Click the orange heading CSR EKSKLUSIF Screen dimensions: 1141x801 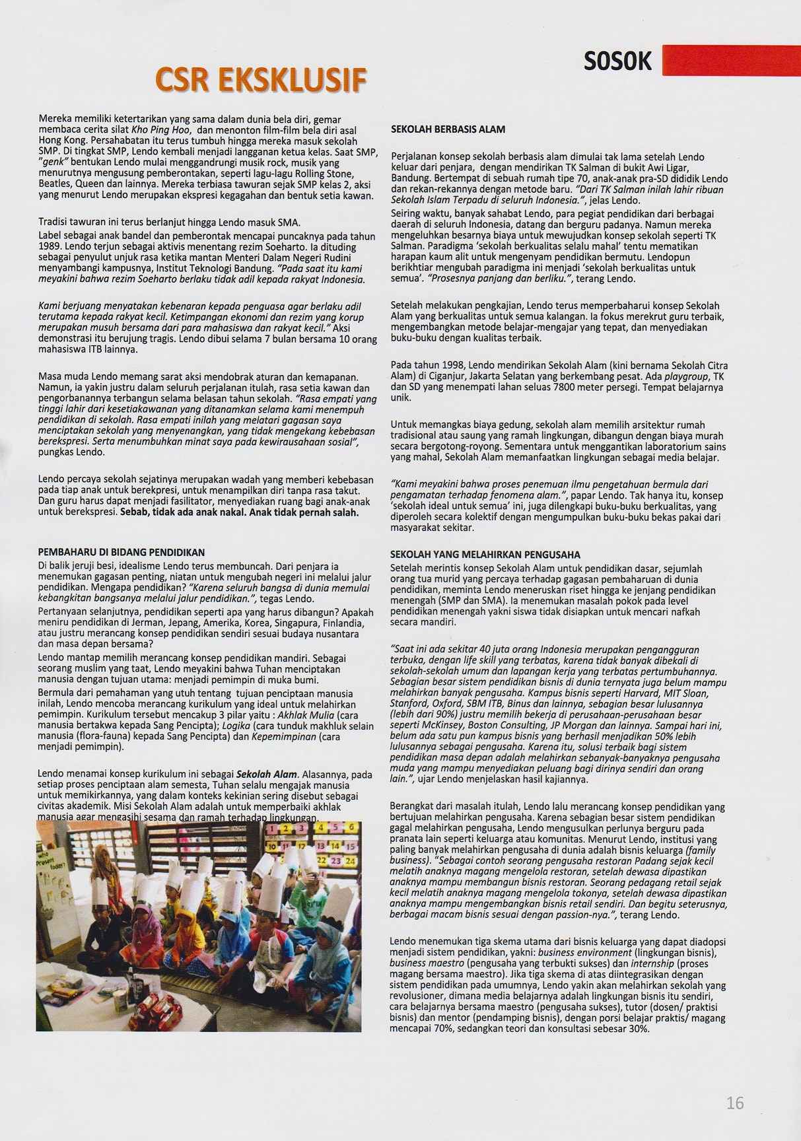[x=260, y=81]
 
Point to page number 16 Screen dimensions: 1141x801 [x=734, y=1103]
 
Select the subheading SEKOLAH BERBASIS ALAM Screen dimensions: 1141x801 [x=448, y=129]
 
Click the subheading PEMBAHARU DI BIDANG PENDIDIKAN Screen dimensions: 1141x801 [x=122, y=552]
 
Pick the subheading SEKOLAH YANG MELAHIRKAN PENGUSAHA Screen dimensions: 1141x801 [x=485, y=555]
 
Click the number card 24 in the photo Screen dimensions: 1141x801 [x=350, y=861]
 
